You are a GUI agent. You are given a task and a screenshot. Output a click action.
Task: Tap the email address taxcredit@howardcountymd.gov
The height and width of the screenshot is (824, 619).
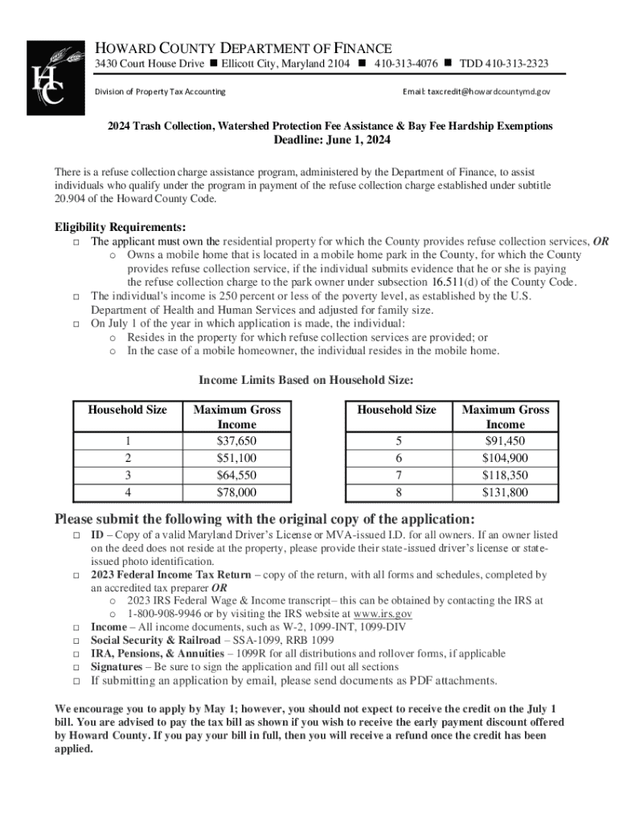coord(477,92)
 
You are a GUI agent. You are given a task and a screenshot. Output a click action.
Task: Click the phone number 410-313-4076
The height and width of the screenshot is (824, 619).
coord(400,64)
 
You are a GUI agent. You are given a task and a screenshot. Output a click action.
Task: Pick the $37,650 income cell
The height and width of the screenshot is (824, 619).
coord(236,441)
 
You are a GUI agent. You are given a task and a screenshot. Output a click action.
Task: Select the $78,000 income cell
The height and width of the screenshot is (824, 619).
coord(236,492)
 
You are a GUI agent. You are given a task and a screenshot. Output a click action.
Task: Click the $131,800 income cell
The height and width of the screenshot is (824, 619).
coord(505,492)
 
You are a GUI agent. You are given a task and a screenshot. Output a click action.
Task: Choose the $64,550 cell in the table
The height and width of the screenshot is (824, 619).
coord(236,475)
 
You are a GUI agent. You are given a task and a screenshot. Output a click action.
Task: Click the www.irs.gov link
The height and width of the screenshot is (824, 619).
coord(383,613)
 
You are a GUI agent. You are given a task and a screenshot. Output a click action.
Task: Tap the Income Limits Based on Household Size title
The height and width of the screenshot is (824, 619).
coord(306,381)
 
